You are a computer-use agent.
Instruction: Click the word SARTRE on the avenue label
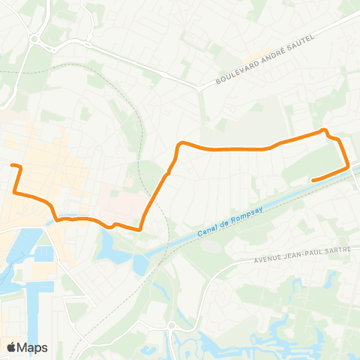[x=334, y=252]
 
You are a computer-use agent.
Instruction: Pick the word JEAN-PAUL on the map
[x=303, y=255]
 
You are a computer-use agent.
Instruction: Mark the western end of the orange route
[x=12, y=165]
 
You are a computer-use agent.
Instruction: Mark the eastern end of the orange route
[x=312, y=179]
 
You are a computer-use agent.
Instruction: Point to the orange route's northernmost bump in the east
[x=325, y=130]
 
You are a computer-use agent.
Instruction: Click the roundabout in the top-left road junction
[x=35, y=40]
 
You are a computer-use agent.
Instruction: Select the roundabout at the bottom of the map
[x=172, y=325]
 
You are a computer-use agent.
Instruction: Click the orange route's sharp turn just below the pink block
[x=140, y=229]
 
